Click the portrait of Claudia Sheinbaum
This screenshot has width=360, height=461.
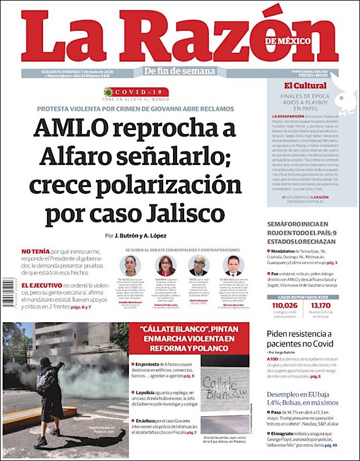(x=130, y=265)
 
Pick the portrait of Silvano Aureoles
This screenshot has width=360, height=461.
(x=233, y=265)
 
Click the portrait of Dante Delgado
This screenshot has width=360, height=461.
(x=198, y=265)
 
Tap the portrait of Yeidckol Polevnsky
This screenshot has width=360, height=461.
(x=165, y=265)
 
